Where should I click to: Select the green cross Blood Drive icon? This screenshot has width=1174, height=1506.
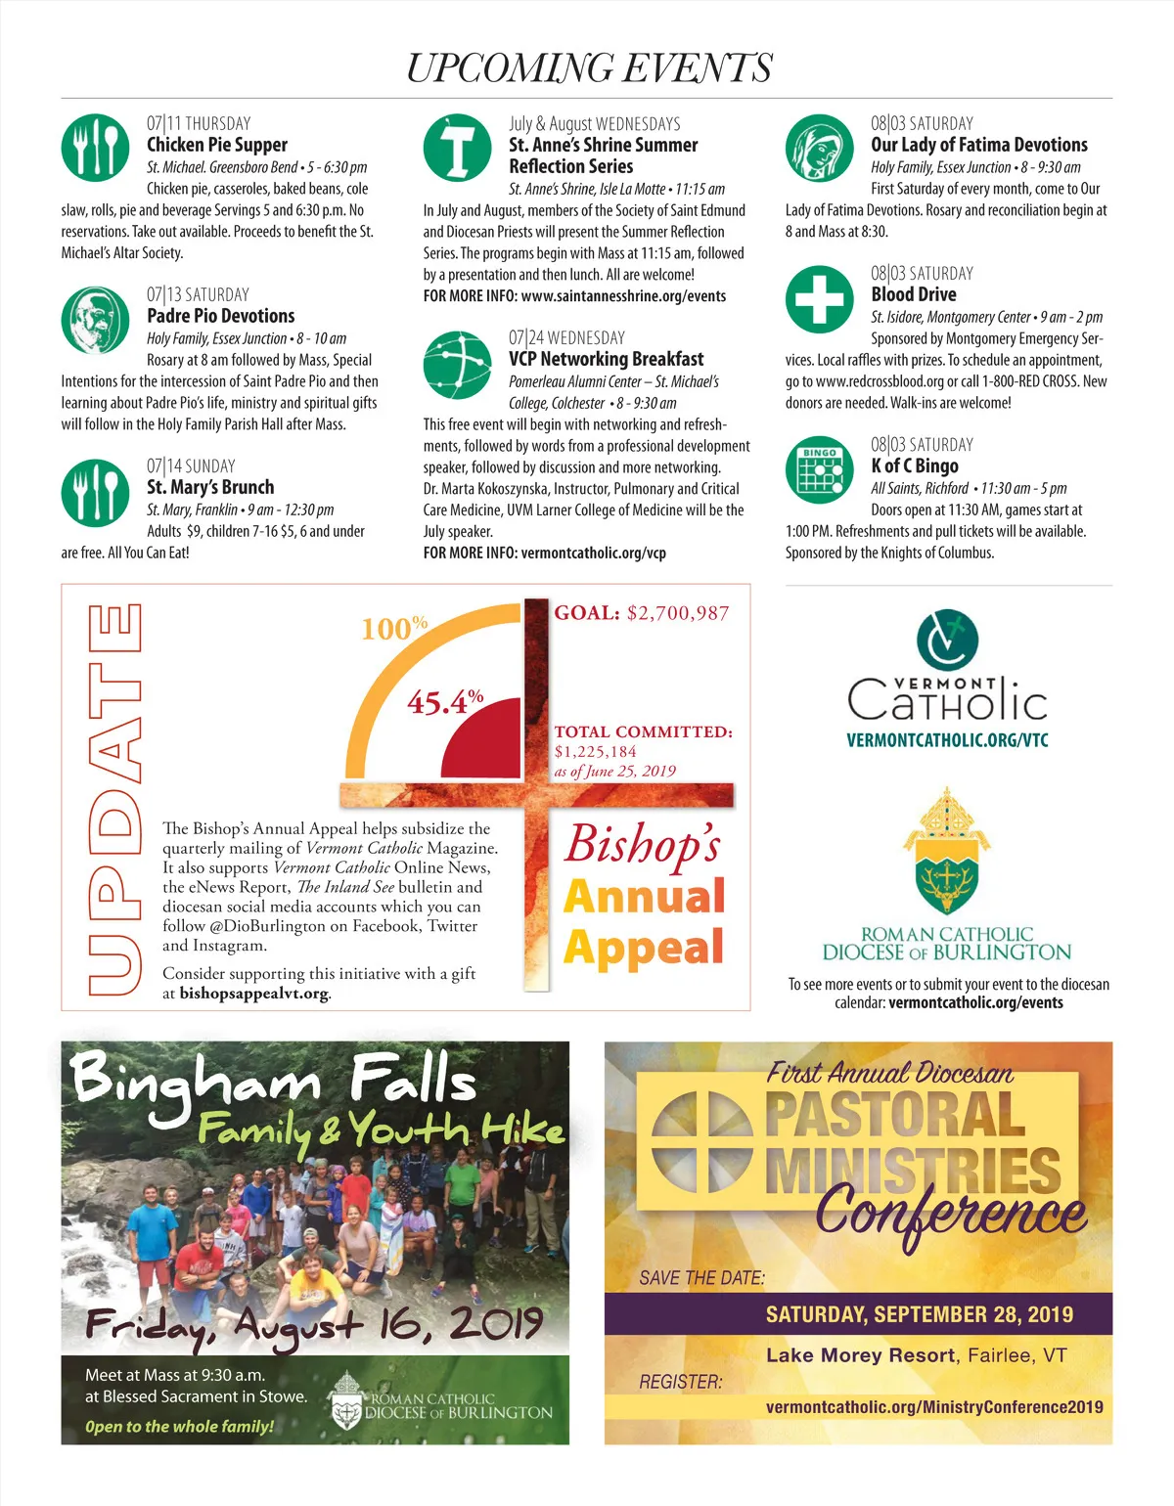click(x=820, y=299)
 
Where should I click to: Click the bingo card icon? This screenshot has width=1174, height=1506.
click(x=820, y=470)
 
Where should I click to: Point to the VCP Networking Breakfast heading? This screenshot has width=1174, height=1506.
click(x=606, y=359)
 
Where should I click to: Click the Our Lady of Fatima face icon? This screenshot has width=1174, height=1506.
click(x=820, y=149)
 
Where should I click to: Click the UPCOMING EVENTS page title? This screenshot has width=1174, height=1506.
click(x=588, y=67)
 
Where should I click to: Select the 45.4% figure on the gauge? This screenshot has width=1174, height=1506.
click(x=445, y=701)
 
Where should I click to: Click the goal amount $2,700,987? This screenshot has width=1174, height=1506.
click(x=678, y=613)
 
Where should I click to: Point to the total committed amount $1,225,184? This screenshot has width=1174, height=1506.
click(x=595, y=751)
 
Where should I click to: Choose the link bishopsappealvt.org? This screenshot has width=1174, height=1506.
click(x=253, y=994)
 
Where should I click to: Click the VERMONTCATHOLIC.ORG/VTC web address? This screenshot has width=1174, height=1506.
click(x=947, y=740)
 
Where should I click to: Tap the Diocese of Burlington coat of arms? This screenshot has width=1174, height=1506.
click(x=946, y=851)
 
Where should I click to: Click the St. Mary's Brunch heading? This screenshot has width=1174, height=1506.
click(x=210, y=487)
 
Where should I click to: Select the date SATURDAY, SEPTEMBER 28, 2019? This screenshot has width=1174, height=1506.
click(x=919, y=1314)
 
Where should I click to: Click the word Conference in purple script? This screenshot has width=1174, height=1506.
click(x=949, y=1213)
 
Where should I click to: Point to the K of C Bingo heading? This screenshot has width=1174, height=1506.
click(x=915, y=466)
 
